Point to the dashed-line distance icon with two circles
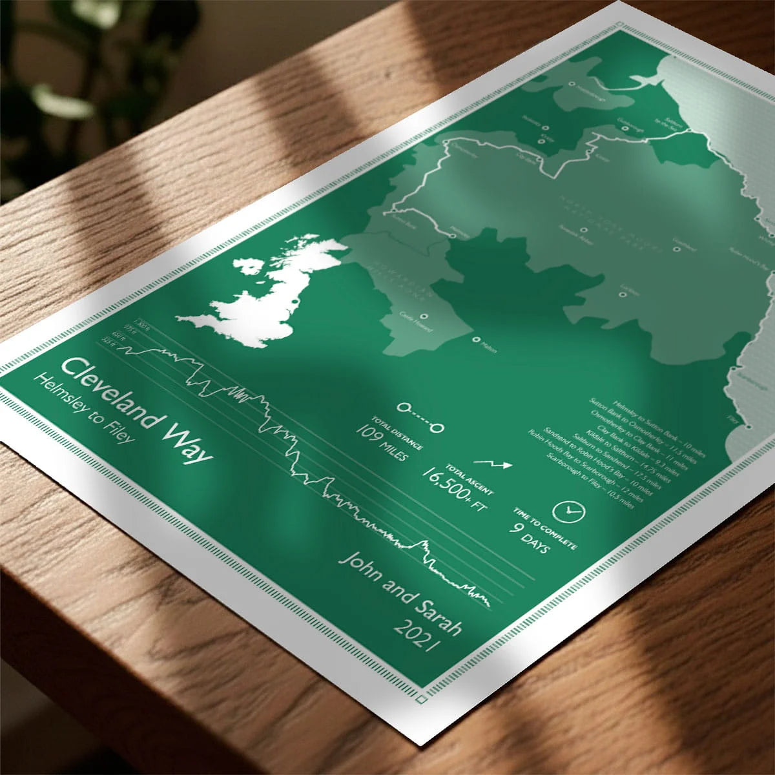tap(420, 417)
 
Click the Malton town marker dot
tap(476, 340)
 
